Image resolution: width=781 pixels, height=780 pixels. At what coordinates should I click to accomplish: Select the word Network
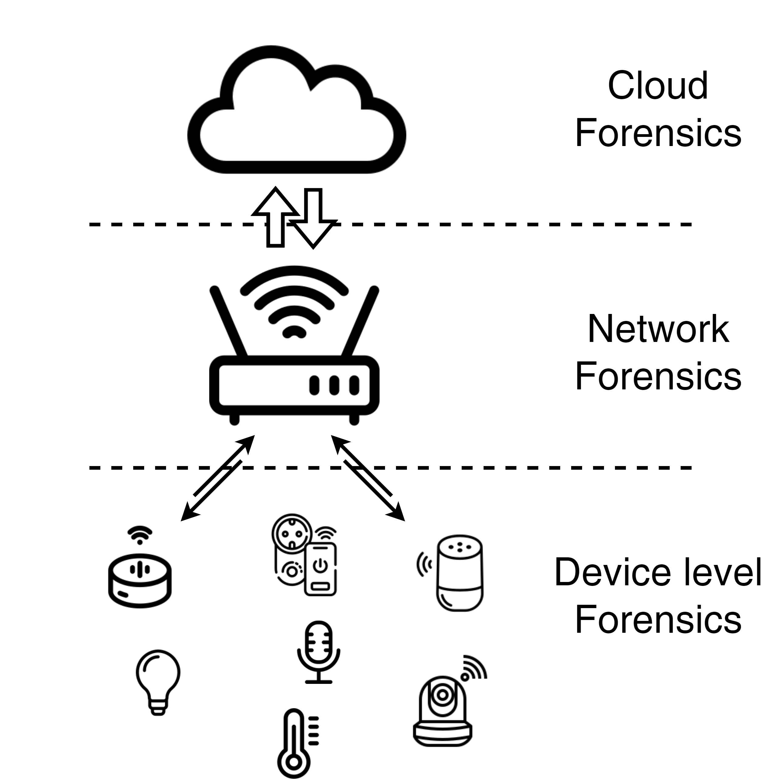[658, 329]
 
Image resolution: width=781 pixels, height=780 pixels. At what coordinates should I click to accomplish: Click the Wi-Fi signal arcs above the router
[294, 301]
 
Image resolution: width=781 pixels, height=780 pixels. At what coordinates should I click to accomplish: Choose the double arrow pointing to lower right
[368, 477]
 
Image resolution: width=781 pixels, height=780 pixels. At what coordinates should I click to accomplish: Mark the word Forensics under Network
[658, 376]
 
